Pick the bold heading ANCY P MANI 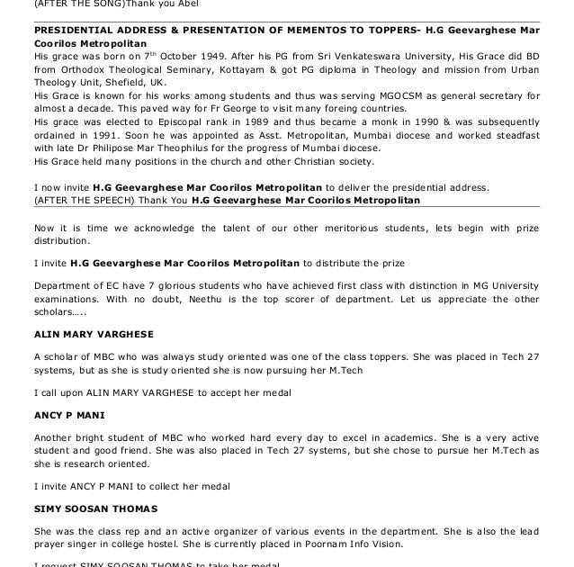pos(69,416)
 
